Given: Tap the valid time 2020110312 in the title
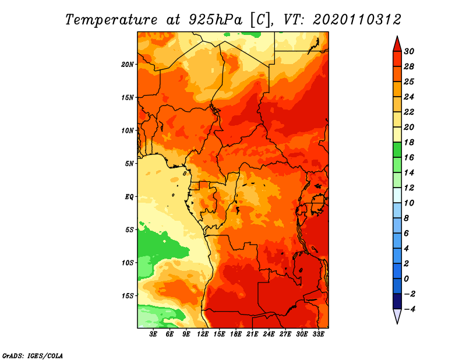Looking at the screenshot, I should pyautogui.click(x=357, y=19).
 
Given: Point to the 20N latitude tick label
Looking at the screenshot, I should pyautogui.click(x=128, y=64).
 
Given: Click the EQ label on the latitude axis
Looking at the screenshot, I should pyautogui.click(x=129, y=196).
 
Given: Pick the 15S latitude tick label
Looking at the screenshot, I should pyautogui.click(x=128, y=295).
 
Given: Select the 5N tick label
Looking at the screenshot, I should pyautogui.click(x=130, y=164).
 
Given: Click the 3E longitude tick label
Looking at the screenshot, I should pyautogui.click(x=154, y=334).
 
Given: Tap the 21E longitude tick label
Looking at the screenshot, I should pyautogui.click(x=253, y=334).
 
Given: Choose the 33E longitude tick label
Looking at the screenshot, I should pyautogui.click(x=319, y=334).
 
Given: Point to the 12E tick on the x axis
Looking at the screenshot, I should pyautogui.click(x=203, y=334).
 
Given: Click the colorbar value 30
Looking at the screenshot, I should pyautogui.click(x=408, y=51).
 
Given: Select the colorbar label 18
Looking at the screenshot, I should pyautogui.click(x=408, y=142).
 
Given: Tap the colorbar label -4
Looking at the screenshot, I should pyautogui.click(x=409, y=309).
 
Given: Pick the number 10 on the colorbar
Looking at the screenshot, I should pyautogui.click(x=408, y=203).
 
